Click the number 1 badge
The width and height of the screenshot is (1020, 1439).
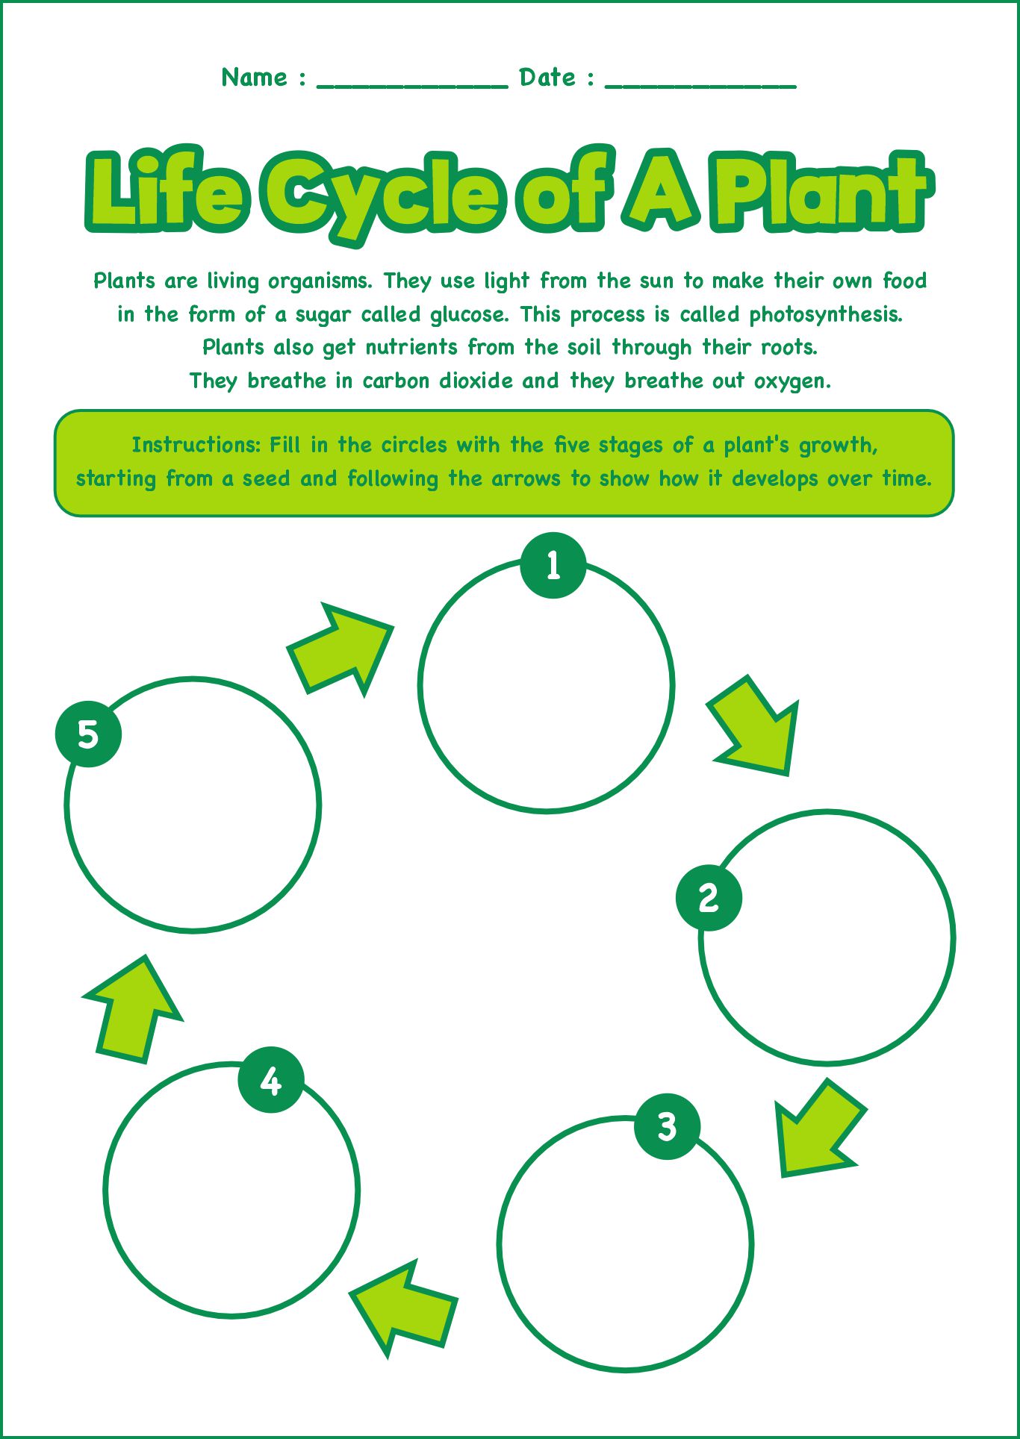tap(553, 565)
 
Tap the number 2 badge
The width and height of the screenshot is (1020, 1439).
tap(709, 897)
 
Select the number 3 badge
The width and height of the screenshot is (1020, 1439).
tap(667, 1126)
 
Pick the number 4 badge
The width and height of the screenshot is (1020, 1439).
tap(271, 1080)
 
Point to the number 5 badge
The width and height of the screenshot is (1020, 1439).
tap(88, 734)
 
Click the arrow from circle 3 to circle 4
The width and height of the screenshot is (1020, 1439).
tap(404, 1307)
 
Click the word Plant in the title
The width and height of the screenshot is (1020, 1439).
tap(818, 193)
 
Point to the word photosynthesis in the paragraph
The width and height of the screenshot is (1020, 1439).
tap(825, 314)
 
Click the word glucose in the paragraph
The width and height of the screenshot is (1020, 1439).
tap(469, 314)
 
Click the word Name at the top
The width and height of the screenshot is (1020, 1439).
tap(254, 77)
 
